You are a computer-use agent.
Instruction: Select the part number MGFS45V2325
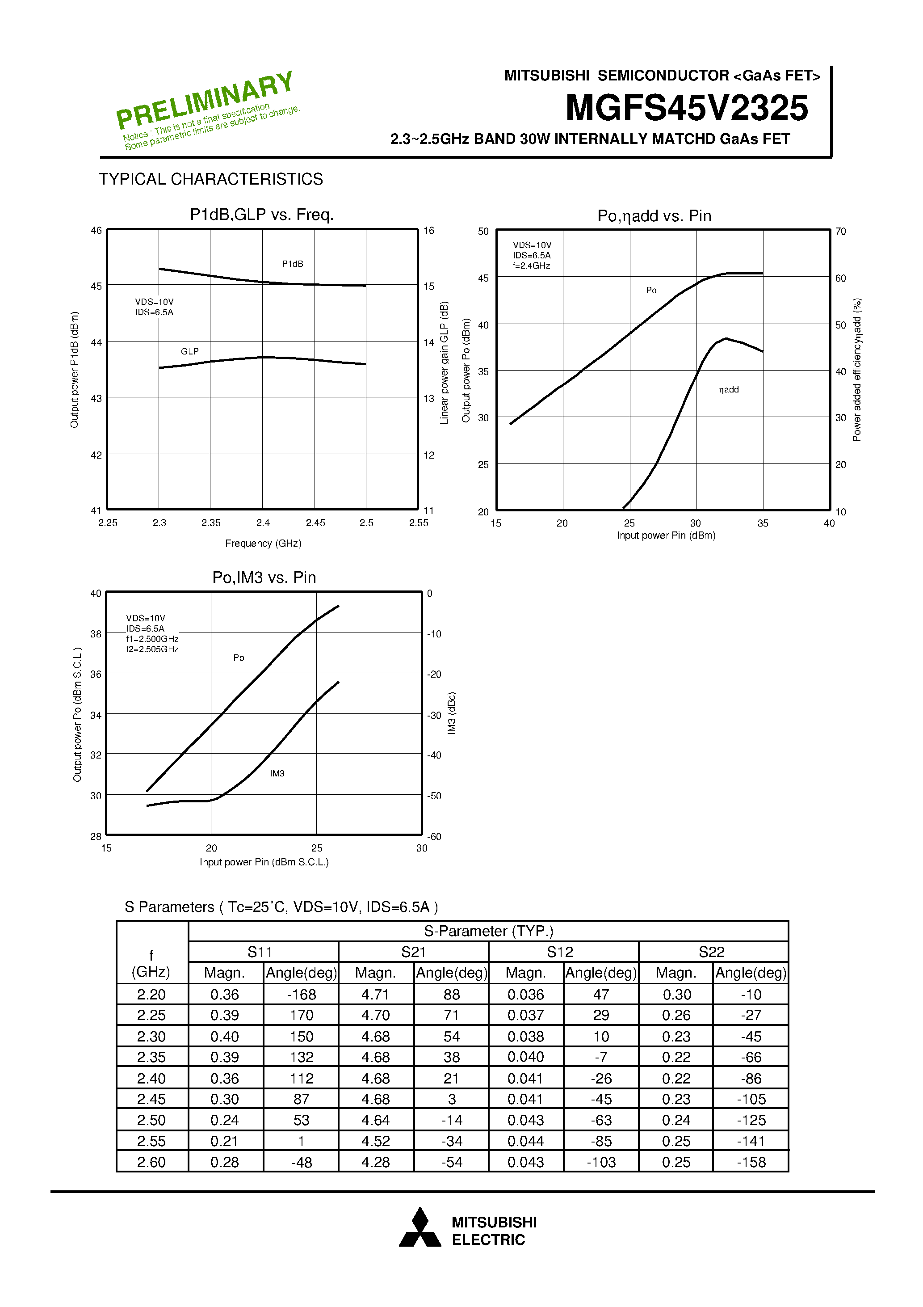pos(686,108)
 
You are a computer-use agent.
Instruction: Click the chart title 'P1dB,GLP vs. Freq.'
pos(262,215)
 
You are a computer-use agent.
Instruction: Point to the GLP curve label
pos(189,351)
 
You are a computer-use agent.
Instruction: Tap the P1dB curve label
pos(293,264)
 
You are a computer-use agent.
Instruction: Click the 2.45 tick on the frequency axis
pos(315,523)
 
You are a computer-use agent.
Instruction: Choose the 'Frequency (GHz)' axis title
pos(263,543)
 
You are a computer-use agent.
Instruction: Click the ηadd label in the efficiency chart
pos(728,389)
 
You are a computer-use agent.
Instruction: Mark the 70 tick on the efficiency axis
pos(840,231)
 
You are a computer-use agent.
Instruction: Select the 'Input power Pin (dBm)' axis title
pos(666,535)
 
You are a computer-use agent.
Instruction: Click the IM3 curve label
pos(277,773)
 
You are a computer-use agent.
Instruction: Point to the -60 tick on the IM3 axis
pos(434,836)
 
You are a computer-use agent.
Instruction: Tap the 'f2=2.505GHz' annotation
pos(152,649)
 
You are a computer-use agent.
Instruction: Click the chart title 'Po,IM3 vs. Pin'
pos(264,577)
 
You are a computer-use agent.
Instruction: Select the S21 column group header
pos(413,952)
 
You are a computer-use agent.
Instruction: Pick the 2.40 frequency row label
pos(151,1078)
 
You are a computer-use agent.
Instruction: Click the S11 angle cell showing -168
pos(301,995)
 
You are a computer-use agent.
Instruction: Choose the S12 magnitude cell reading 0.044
pos(525,1141)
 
